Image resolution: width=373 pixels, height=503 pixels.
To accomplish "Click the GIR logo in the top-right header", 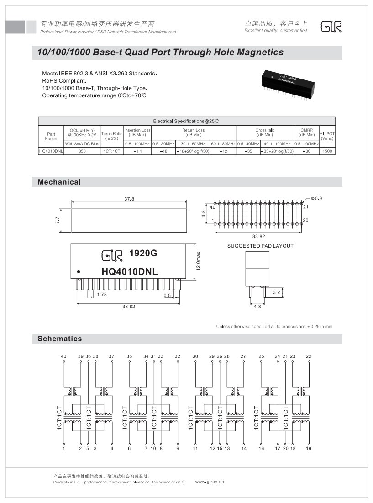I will pos(331,27).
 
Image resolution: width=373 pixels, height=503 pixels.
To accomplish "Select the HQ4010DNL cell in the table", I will pos(51,151).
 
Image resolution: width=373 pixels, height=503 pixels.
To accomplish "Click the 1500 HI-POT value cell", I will pos(327,151).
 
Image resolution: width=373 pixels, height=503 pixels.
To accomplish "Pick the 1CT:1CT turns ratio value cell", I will pos(111,151).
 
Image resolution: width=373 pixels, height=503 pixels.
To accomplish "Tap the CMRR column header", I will pos(306,132).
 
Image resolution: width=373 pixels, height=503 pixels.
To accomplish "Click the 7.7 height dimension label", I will pos(58,220).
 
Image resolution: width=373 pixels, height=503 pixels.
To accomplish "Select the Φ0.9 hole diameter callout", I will pos(317,198).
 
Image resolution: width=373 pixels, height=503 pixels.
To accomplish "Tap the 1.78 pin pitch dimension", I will pos(102,295).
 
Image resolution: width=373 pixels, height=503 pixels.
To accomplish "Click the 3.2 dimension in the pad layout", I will pos(276,292).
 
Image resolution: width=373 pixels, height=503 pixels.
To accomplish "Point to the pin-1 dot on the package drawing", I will pos(79,272).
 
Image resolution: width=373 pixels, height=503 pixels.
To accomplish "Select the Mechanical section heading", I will pos(59,182).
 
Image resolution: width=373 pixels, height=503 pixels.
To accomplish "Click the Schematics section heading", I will pos(60,339).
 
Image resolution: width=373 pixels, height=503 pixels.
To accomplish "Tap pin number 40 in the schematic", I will pos(63,356).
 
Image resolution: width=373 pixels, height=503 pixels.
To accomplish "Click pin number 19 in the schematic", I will pos(309,449).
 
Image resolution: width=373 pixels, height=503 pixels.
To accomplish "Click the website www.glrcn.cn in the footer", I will pos(210,482).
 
